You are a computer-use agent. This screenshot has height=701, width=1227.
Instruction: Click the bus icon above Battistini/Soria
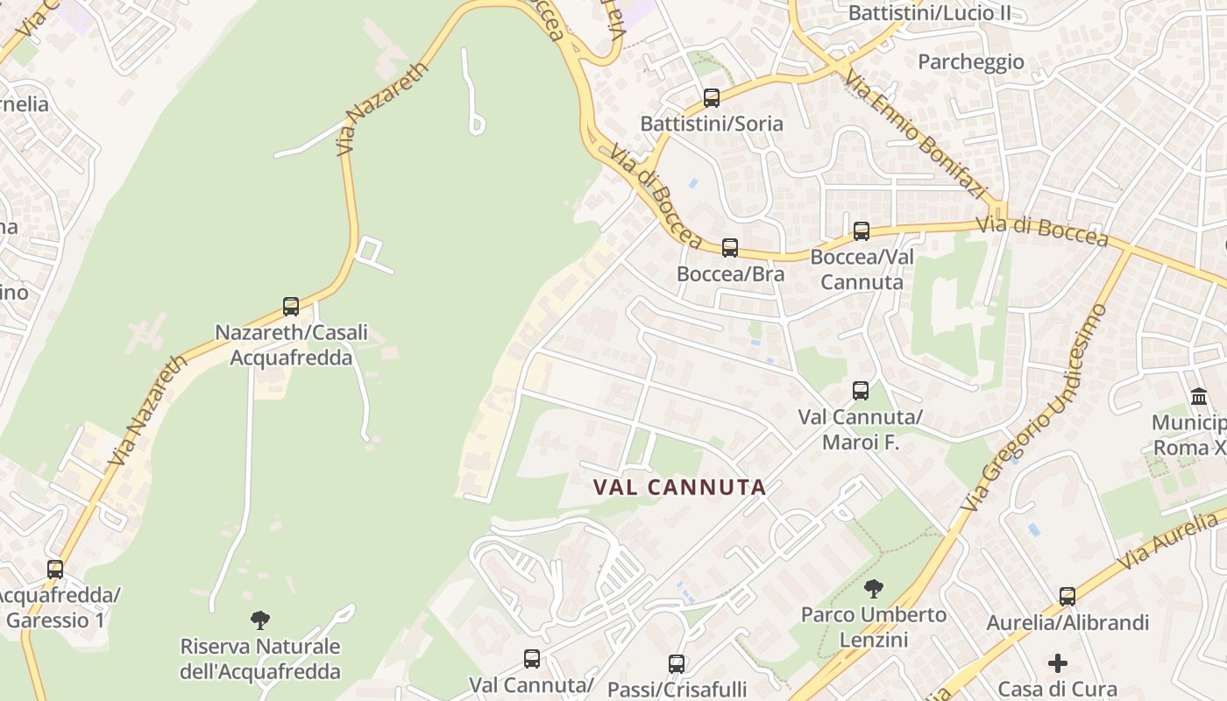[x=712, y=98]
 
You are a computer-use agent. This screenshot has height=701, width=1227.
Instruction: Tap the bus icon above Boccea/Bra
[x=730, y=248]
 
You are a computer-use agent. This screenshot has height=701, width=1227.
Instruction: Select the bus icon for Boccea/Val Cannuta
[x=862, y=231]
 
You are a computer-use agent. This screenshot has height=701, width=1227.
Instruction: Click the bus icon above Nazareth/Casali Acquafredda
[x=291, y=307]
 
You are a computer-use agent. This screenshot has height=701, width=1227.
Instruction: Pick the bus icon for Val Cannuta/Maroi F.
[x=861, y=391]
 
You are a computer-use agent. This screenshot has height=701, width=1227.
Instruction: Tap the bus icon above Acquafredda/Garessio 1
[x=55, y=570]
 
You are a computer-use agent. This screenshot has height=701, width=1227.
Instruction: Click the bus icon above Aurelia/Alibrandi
[x=1067, y=597]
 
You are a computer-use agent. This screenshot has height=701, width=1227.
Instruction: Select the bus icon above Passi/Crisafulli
[x=677, y=663]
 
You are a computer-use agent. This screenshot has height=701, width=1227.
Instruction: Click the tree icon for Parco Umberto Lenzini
[x=873, y=589]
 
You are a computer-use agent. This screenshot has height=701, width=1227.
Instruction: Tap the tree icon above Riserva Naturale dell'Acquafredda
[x=259, y=620]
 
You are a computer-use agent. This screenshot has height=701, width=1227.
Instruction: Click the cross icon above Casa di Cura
[x=1058, y=663]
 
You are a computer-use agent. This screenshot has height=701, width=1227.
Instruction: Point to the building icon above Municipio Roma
[x=1199, y=397]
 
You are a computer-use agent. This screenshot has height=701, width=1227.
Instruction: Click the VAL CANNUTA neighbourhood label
[x=680, y=487]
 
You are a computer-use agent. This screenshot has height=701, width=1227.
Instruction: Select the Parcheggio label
[x=971, y=61]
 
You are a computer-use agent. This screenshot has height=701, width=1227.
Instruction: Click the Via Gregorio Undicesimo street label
[x=1034, y=408]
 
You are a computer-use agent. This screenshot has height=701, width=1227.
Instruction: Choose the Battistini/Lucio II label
[x=929, y=13]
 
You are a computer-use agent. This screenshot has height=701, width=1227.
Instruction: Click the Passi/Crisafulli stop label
[x=677, y=689]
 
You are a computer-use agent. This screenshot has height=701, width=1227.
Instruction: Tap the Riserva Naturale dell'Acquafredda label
[x=260, y=659]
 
